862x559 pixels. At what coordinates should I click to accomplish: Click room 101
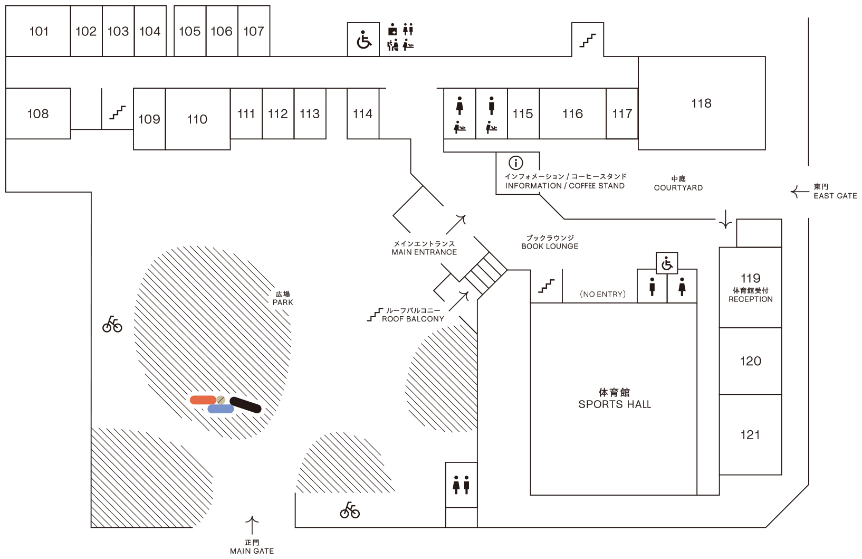(x=38, y=31)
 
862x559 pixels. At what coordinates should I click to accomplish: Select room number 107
(x=254, y=31)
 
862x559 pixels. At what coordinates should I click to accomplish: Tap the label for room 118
(x=701, y=103)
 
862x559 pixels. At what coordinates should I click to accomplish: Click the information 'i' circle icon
(x=515, y=163)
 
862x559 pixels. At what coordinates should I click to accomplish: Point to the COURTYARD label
(x=678, y=188)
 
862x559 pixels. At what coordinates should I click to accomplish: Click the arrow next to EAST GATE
(x=800, y=192)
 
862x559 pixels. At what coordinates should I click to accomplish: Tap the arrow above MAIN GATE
(x=252, y=525)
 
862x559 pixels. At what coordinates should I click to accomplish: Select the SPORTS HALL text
(x=615, y=404)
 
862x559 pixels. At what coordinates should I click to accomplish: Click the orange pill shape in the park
(x=203, y=400)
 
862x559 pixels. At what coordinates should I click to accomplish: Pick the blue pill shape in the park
(x=221, y=409)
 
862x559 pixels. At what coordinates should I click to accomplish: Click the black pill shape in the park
(x=245, y=405)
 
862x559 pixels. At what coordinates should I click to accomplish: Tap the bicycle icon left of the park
(x=112, y=324)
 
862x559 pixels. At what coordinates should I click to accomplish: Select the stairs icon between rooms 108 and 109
(x=117, y=112)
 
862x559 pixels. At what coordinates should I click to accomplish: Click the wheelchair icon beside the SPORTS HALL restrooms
(x=667, y=263)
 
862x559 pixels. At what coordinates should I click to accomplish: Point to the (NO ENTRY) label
(x=602, y=294)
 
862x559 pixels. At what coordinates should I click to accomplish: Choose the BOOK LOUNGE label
(x=550, y=247)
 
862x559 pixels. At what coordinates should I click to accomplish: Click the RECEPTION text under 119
(x=750, y=299)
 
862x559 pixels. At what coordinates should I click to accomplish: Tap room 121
(x=750, y=434)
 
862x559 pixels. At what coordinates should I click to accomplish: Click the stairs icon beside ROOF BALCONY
(x=375, y=315)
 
